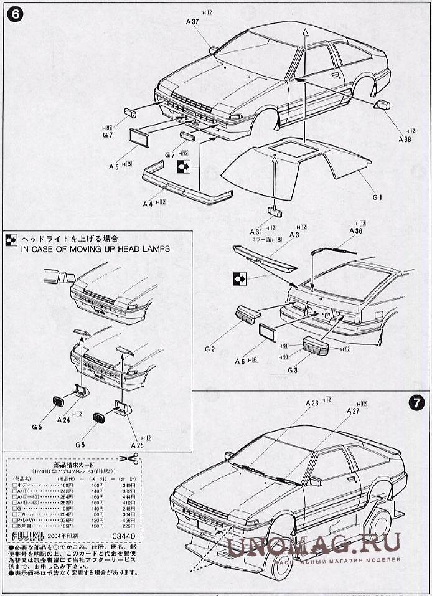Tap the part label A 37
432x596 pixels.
192,22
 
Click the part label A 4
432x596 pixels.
148,203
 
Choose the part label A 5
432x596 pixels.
114,166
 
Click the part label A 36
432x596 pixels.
355,231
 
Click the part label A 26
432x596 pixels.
312,403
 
